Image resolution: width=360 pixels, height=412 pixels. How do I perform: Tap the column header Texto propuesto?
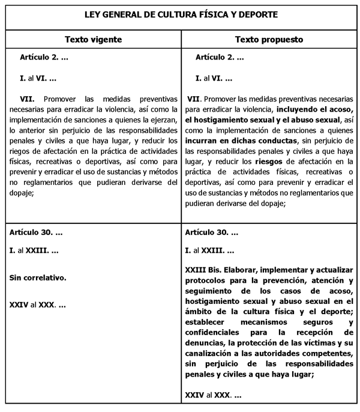point(269,40)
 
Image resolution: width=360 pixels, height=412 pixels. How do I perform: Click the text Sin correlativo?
point(38,278)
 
